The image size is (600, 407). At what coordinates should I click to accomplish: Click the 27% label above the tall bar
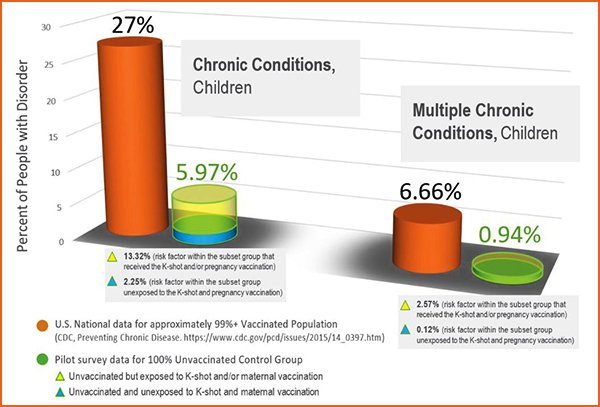tap(127, 23)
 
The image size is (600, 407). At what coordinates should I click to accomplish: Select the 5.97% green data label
tap(206, 172)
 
